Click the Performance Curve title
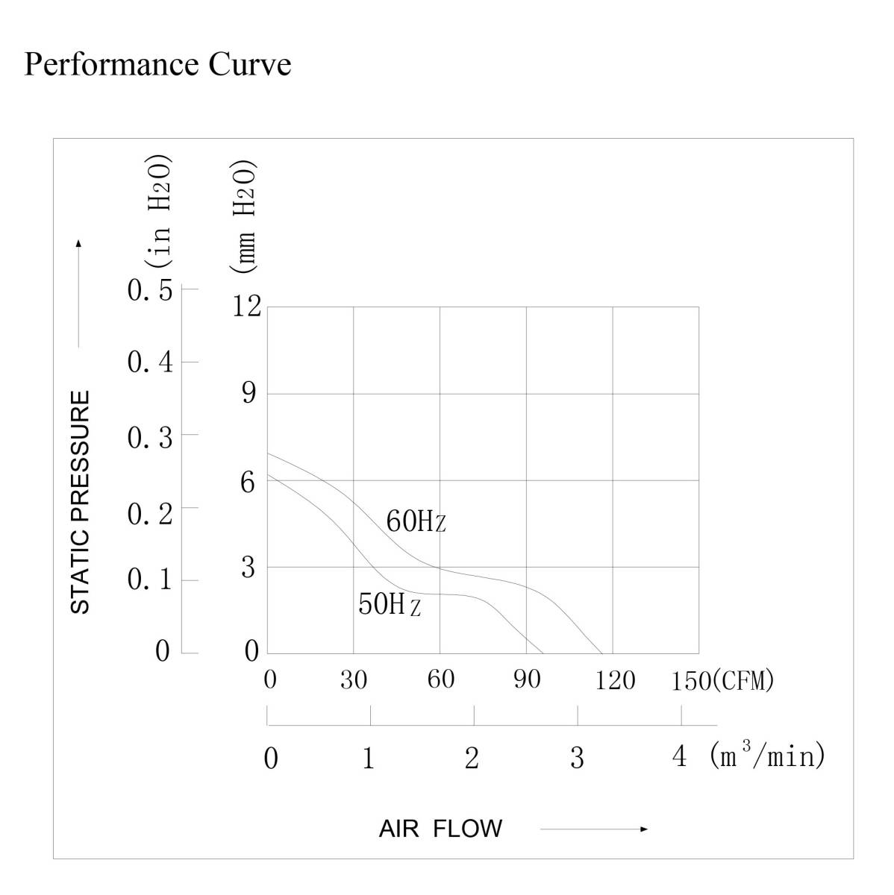[157, 64]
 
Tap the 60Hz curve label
[416, 521]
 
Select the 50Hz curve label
[389, 604]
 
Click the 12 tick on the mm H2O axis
[247, 306]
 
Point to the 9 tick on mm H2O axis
[248, 393]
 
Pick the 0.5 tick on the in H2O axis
[150, 291]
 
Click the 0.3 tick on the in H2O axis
[150, 438]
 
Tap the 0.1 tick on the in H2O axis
[150, 580]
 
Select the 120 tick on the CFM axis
[615, 679]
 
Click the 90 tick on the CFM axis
[527, 679]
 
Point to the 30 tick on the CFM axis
[354, 679]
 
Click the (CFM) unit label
[743, 680]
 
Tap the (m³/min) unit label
[768, 756]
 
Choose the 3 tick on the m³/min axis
[577, 758]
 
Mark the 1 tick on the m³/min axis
[369, 758]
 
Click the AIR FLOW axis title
[440, 829]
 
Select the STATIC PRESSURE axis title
[80, 501]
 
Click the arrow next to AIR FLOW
[594, 829]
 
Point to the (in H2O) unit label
[160, 212]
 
